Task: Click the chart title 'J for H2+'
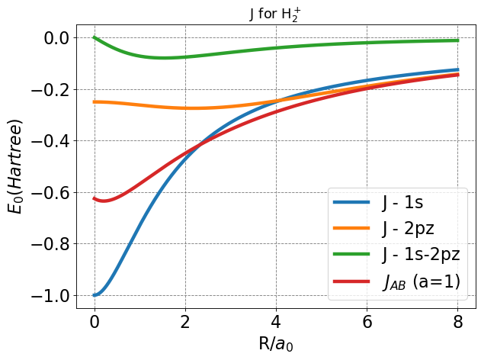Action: click(277, 13)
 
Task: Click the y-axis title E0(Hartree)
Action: click(17, 167)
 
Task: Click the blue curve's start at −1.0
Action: click(95, 295)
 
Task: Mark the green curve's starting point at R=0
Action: click(95, 38)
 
